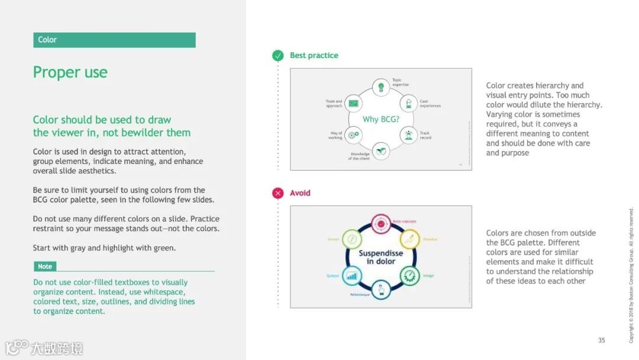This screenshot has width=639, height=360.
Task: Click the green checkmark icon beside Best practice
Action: pos(277,56)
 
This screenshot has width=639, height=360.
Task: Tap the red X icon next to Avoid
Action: pos(277,193)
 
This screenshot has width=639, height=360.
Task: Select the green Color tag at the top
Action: pos(114,40)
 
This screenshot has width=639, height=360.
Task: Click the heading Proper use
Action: pos(70,72)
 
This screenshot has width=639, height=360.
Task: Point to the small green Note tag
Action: pos(45,266)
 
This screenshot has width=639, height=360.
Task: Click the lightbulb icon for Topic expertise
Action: pos(381,87)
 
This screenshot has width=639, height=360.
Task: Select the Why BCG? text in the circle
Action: pos(380,120)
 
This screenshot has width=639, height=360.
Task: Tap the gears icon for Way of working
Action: pos(353,135)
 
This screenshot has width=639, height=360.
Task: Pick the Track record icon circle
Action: pos(408,135)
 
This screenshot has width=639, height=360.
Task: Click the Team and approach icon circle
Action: pos(353,104)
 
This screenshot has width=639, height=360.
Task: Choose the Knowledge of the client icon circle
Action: pos(381,151)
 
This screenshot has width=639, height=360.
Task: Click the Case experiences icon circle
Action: pos(408,104)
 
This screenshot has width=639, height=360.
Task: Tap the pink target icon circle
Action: pos(380,224)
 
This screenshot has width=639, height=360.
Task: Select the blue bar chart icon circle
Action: pos(353,275)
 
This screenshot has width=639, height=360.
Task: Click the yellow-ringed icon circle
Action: pos(409,240)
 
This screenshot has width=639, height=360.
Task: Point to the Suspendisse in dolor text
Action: pos(380,257)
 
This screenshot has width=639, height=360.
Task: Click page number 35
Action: pos(601,340)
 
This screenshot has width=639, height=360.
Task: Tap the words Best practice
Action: pos(314,56)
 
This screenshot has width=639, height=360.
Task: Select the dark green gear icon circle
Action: pos(409,275)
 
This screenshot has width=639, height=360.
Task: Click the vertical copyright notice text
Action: pos(631,275)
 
